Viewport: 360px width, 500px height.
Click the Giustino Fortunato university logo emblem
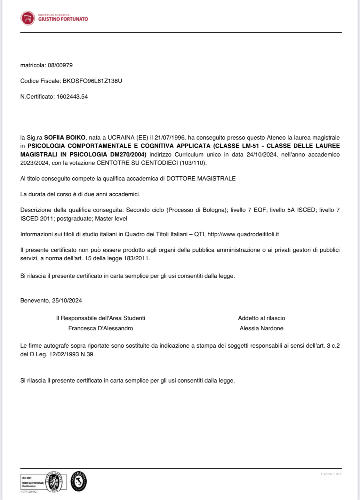click(x=28, y=18)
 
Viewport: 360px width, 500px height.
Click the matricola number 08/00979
click(x=60, y=65)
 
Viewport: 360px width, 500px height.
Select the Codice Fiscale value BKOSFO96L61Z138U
click(x=92, y=81)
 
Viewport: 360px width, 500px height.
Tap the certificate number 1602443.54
click(x=72, y=97)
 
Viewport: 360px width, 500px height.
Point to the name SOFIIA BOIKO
click(x=65, y=138)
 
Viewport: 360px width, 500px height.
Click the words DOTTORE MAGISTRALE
click(x=201, y=179)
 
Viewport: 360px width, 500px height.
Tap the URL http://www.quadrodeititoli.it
click(x=243, y=234)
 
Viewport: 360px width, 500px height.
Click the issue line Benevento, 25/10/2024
click(x=51, y=301)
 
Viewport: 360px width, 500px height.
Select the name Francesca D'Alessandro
click(x=100, y=328)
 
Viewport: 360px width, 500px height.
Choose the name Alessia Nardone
click(x=261, y=328)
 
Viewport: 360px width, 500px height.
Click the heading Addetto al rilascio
click(x=261, y=318)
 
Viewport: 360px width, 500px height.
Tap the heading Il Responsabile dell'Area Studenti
click(x=100, y=318)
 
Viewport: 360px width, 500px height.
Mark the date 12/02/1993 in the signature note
click(x=64, y=355)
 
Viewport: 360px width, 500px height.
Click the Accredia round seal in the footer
click(x=79, y=481)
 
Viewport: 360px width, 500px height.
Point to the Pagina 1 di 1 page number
click(x=331, y=474)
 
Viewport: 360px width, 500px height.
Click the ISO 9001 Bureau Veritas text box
click(x=33, y=482)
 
